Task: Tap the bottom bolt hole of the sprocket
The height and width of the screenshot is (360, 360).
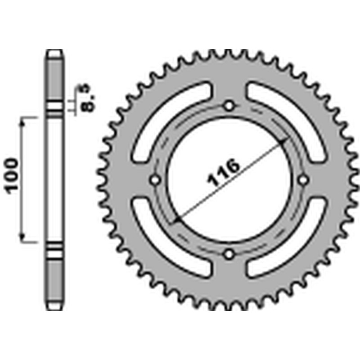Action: click(x=229, y=254)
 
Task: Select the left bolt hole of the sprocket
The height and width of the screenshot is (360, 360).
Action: click(x=156, y=180)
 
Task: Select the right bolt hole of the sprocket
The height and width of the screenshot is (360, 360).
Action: click(x=303, y=180)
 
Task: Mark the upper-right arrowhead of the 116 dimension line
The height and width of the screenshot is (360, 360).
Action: click(x=283, y=142)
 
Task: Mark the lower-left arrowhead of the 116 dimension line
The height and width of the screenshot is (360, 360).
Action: click(x=177, y=219)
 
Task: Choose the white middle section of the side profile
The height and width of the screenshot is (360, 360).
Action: click(x=54, y=180)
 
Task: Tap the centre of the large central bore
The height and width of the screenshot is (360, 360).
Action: click(x=229, y=180)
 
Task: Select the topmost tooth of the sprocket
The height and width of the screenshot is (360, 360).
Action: click(x=229, y=53)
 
